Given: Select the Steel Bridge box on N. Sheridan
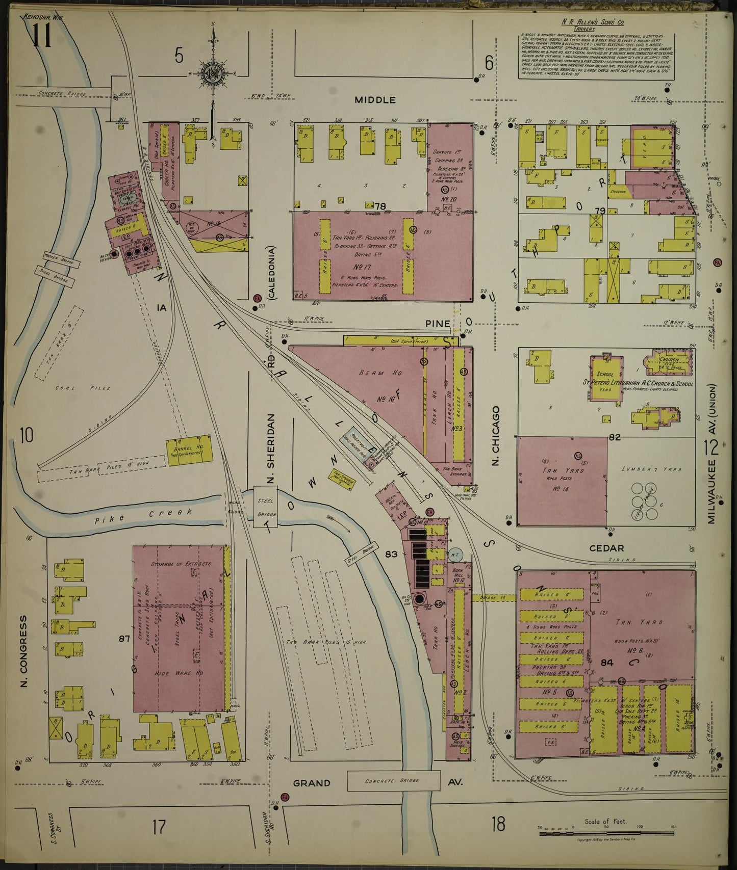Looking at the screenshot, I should pos(266,507).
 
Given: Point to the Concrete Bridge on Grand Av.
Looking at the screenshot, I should pos(393,780).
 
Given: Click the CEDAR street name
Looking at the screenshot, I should pos(606,548).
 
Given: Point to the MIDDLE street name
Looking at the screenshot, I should pos(375,100).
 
